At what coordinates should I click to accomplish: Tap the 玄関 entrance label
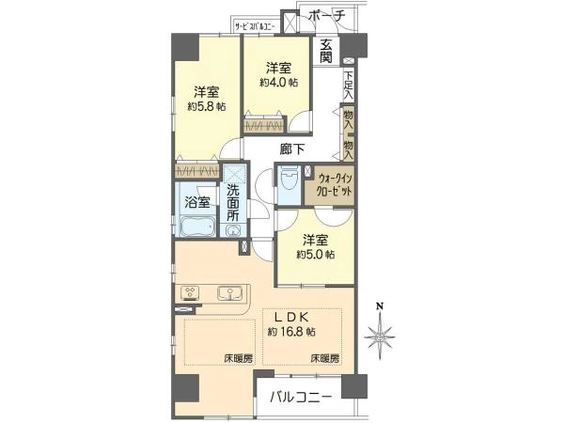pos(325,51)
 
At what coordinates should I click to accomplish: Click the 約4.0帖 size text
pos(279,83)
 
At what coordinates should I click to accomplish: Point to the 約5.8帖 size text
pos(207,106)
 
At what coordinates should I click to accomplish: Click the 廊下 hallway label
pos(291,149)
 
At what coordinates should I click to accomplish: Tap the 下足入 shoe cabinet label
pos(348,86)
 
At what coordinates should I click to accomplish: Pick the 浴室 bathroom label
pos(196,202)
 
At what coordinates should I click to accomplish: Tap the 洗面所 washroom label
pos(233,202)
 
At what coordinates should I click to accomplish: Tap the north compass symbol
pos(380,333)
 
